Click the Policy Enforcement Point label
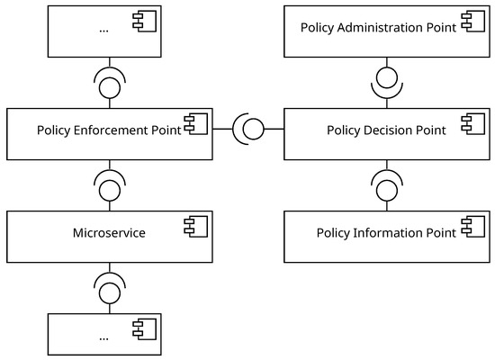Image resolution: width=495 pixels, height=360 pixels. [x=109, y=130]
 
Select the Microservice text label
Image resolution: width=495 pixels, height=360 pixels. [x=109, y=233]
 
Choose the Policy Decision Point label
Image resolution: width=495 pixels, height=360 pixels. [x=385, y=130]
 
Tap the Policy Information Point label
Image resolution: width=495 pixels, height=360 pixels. [x=385, y=233]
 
